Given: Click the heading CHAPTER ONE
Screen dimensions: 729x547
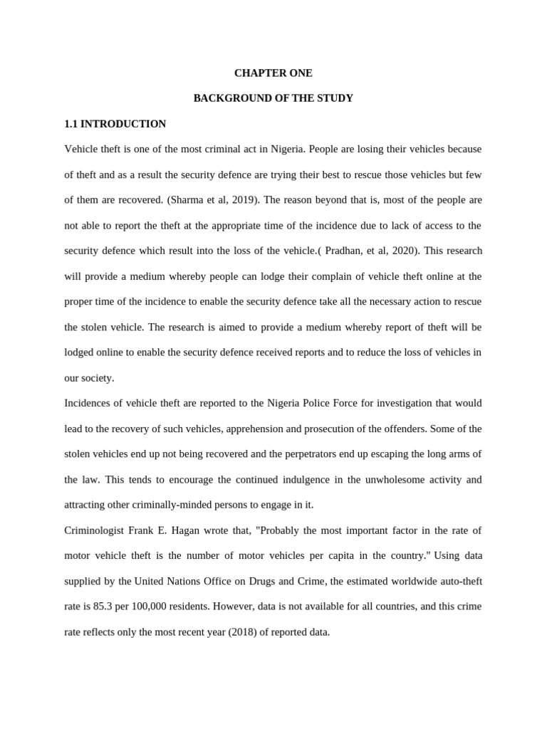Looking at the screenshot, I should coord(273,73).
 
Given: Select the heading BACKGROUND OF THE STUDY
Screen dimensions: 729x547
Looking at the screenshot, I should coord(273,98).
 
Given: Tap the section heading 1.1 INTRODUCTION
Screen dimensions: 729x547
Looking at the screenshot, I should coord(115,124).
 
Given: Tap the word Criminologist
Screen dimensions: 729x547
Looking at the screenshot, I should coord(95,530).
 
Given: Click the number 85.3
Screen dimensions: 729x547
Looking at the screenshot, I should coord(102,607).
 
